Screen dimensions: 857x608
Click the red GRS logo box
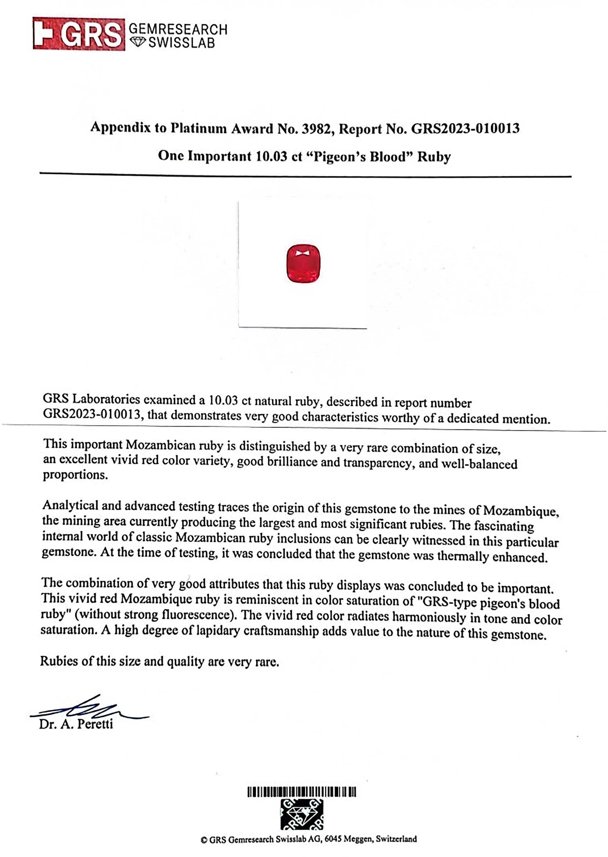pyautogui.click(x=79, y=34)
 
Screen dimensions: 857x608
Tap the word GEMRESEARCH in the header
pyautogui.click(x=178, y=29)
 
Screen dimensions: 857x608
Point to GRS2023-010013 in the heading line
pyautogui.click(x=465, y=129)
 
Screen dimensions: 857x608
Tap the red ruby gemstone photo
pyautogui.click(x=303, y=263)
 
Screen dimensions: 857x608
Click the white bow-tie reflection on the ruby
pyautogui.click(x=303, y=253)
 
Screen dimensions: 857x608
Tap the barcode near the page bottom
pyautogui.click(x=302, y=792)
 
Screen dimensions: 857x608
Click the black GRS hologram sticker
pyautogui.click(x=302, y=815)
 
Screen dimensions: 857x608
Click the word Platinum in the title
pyautogui.click(x=199, y=128)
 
